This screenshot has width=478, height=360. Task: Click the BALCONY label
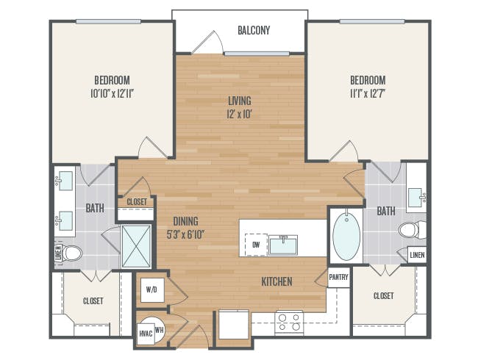click(254, 31)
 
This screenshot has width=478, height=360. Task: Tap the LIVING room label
click(240, 101)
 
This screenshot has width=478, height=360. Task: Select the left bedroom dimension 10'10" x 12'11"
click(112, 93)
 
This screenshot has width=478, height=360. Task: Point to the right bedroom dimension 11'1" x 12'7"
click(368, 93)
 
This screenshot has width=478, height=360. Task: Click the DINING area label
click(185, 220)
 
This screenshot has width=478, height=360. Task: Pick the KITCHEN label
click(277, 281)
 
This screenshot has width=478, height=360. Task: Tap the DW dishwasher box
click(256, 245)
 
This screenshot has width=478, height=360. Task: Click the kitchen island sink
click(283, 244)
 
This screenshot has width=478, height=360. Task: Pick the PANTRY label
click(338, 277)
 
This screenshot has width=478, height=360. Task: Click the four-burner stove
click(289, 321)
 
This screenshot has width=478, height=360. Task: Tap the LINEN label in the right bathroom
click(417, 254)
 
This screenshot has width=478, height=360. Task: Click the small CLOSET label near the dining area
click(137, 202)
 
